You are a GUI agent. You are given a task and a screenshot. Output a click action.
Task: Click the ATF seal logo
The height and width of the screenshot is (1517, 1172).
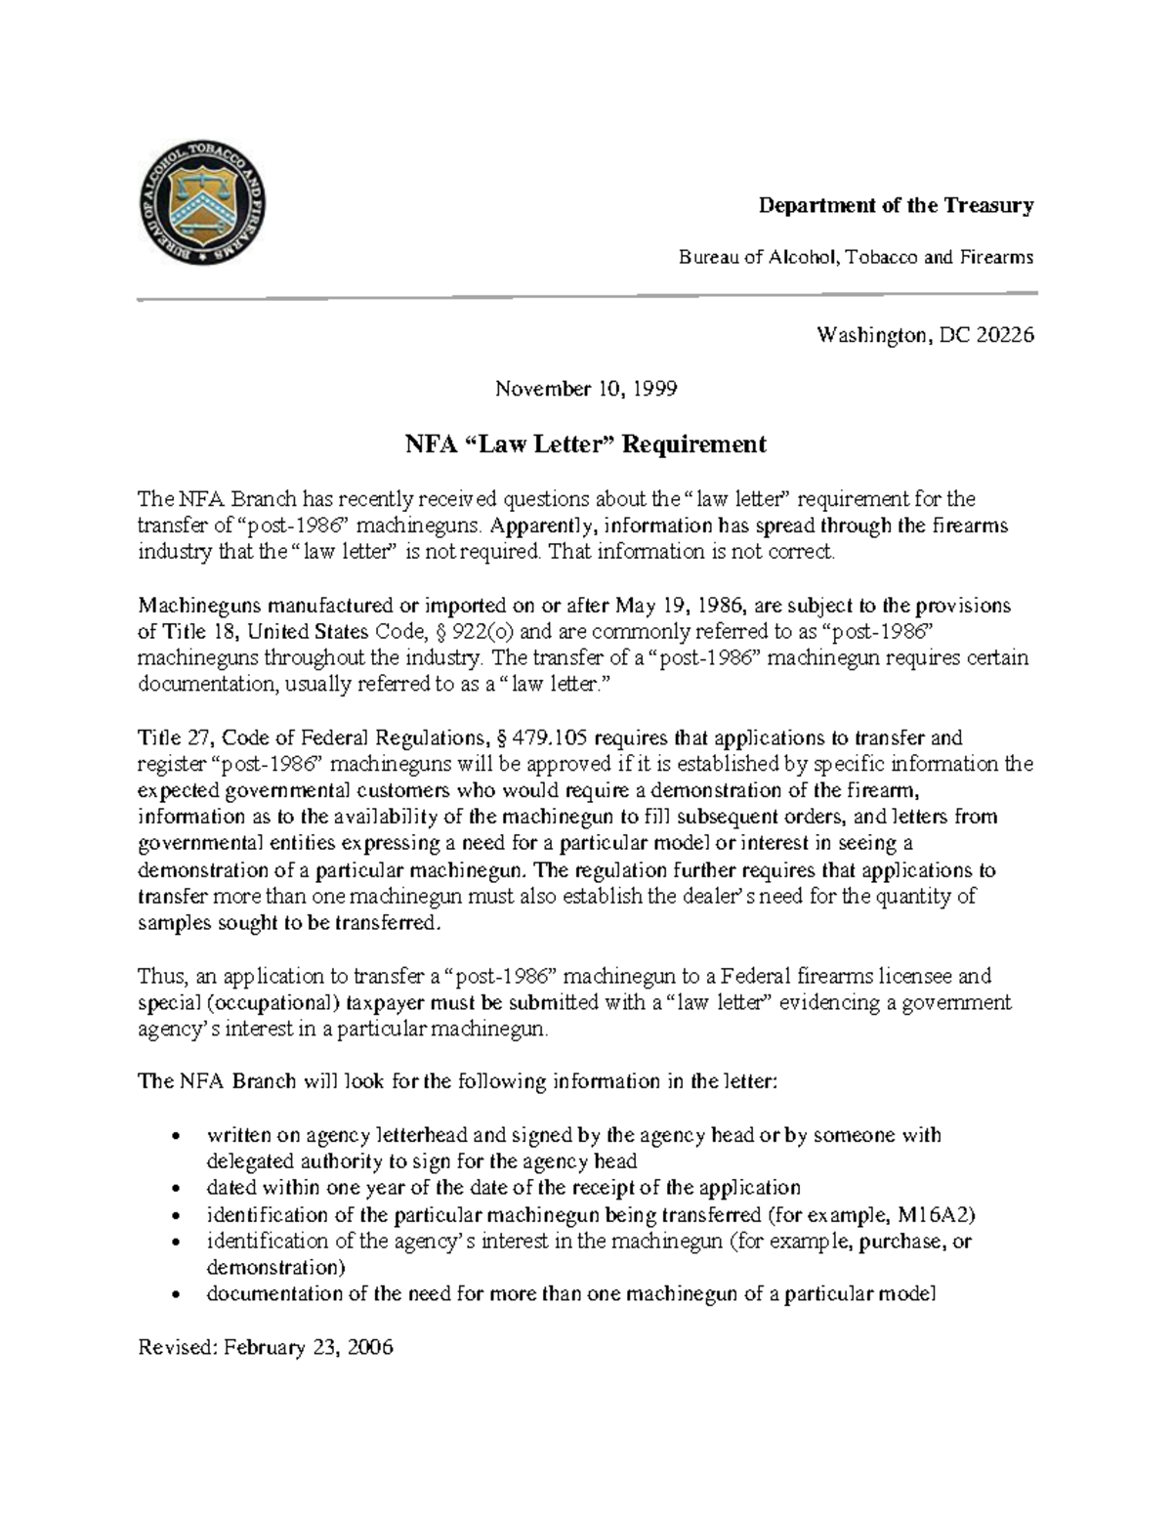[x=202, y=206]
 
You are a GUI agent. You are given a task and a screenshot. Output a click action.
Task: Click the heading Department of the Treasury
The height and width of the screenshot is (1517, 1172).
[x=897, y=205]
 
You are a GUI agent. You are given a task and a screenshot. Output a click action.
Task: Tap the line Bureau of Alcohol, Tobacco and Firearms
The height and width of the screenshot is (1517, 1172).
[x=856, y=257]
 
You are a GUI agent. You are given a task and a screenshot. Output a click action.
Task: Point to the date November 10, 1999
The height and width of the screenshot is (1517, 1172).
[x=585, y=389]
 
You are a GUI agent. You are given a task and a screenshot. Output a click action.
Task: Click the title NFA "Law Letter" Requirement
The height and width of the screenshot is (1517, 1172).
[x=585, y=444]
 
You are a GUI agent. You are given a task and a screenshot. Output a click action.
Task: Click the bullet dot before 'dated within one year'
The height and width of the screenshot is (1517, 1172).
[x=175, y=1190]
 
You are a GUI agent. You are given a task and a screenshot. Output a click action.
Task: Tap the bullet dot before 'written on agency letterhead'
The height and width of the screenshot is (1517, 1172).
[x=175, y=1137]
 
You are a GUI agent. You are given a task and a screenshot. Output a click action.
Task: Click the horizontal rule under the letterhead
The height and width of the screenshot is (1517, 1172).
[x=586, y=295]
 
